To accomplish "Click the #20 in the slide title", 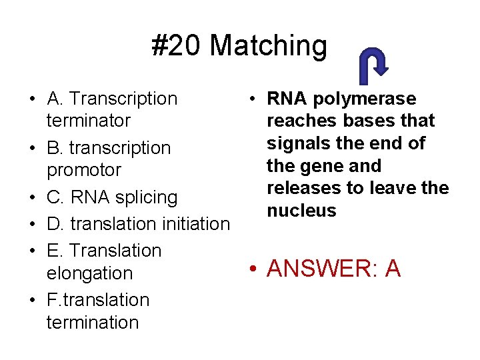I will [x=176, y=46].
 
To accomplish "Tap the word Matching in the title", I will [x=268, y=47].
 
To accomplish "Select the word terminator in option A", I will [x=89, y=121].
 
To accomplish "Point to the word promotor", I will [x=84, y=170].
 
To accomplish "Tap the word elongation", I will [x=90, y=273].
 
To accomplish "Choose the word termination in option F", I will [x=93, y=322].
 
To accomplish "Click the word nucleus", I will [x=301, y=211].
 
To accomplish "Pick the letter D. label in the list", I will [x=55, y=223].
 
